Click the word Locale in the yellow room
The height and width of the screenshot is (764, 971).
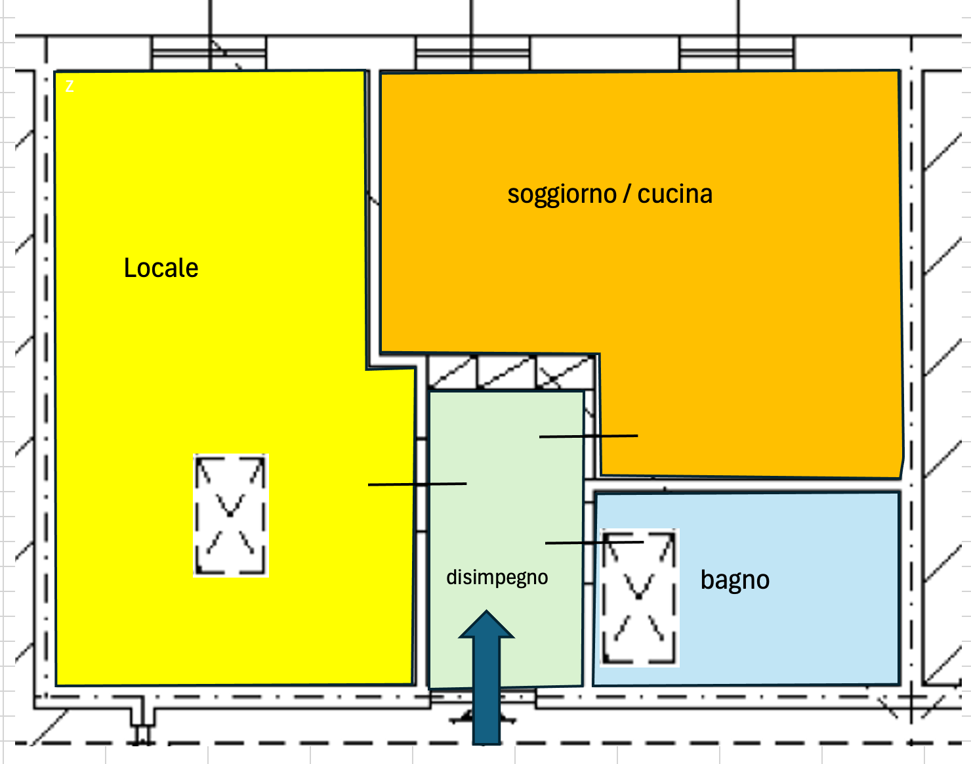pos(161,268)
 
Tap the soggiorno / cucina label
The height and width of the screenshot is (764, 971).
pos(609,194)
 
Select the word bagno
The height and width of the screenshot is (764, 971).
pos(735,580)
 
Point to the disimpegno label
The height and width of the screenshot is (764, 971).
pos(497,578)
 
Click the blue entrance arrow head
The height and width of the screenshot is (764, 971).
pos(486,626)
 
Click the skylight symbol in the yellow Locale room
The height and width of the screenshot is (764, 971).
pos(230,515)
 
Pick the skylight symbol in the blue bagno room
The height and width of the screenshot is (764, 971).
pos(639,597)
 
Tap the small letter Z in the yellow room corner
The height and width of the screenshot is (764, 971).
pos(70,86)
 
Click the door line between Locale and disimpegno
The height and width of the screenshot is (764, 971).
pos(417,484)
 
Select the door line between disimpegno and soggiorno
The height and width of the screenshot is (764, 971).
pos(588,436)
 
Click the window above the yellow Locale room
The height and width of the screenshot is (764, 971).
pos(209,53)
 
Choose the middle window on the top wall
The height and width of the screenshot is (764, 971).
pos(472,53)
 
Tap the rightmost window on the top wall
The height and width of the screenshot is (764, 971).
pos(737,53)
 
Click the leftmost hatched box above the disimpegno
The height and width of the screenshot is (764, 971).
pos(453,372)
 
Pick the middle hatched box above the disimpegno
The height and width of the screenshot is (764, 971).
pos(506,372)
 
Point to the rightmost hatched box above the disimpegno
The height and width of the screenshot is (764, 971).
pos(565,372)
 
